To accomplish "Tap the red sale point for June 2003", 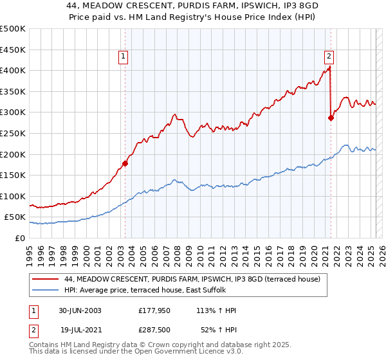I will click(x=125, y=163).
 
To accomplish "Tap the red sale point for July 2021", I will click(x=331, y=118).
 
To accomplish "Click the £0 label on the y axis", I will click(x=21, y=238).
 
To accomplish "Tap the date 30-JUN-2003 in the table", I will click(x=80, y=310).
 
